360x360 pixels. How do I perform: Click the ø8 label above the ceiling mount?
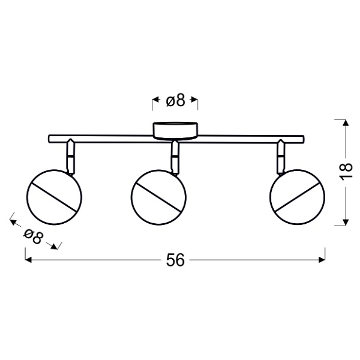pyautogui.click(x=175, y=100)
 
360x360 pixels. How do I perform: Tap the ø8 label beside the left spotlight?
pyautogui.click(x=33, y=236)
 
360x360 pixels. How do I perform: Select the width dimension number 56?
pyautogui.click(x=175, y=260)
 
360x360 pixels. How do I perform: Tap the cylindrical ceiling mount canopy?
pyautogui.click(x=175, y=131)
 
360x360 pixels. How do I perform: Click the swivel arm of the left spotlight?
pyautogui.click(x=70, y=157)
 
